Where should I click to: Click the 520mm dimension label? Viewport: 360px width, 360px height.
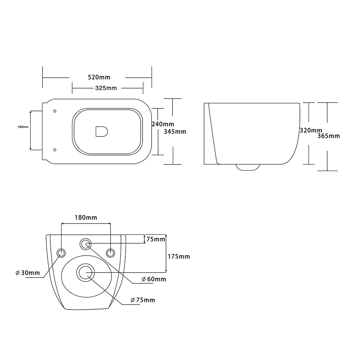pos(99,77)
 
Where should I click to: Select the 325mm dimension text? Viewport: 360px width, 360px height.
pos(106,88)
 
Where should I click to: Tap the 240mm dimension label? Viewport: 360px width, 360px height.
pos(163,124)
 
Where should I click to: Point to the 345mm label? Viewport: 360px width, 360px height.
pos(175,131)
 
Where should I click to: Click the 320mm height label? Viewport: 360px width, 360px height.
pos(311,130)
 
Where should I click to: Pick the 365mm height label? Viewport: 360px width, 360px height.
pos(329,136)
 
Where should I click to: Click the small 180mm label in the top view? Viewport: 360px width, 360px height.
pos(23,127)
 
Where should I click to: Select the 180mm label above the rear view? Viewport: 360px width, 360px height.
pos(86,217)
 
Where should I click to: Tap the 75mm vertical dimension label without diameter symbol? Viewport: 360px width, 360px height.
pos(156,239)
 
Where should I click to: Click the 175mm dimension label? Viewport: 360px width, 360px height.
pos(179,256)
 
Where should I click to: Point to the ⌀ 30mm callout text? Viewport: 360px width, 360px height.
pos(28,273)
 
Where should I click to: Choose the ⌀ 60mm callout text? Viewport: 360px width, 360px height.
pos(154,279)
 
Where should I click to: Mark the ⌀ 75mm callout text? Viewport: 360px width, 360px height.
pos(143,300)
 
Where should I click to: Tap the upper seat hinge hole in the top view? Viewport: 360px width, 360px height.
pos(55,111)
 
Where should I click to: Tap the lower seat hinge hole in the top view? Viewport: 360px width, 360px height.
pos(55,150)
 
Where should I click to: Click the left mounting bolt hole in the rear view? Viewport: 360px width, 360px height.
pos(61,253)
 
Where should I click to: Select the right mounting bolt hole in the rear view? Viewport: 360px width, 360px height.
pos(111,253)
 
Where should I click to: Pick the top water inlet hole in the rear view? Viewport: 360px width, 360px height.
pos(85,244)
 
